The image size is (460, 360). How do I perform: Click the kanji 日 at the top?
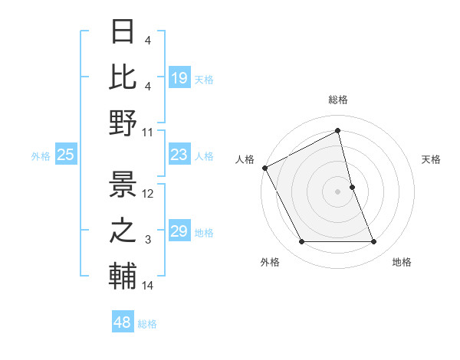pyautogui.click(x=123, y=32)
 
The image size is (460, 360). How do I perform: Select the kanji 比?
pyautogui.click(x=123, y=77)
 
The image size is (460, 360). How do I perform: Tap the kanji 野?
pyautogui.click(x=123, y=123)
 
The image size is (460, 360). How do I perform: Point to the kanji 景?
pyautogui.click(x=123, y=184)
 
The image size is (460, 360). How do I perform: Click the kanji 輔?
pyautogui.click(x=123, y=276)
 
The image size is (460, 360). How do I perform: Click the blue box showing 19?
pyautogui.click(x=179, y=77)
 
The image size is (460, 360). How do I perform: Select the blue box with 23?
pyautogui.click(x=179, y=155)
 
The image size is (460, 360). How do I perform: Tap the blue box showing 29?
pyautogui.click(x=179, y=232)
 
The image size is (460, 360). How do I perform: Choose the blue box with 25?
pyautogui.click(x=66, y=155)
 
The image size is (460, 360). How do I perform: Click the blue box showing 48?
pyautogui.click(x=122, y=322)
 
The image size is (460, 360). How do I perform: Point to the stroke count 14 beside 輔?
pyautogui.click(x=148, y=286)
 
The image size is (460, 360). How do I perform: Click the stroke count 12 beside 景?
pyautogui.click(x=148, y=194)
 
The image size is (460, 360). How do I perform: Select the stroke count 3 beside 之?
pyautogui.click(x=148, y=241)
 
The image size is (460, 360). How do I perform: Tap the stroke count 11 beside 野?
pyautogui.click(x=148, y=132)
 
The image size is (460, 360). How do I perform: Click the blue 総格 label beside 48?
pyautogui.click(x=147, y=324)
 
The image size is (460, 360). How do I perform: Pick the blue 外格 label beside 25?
pyautogui.click(x=41, y=156)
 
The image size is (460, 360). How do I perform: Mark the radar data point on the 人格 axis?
pyautogui.click(x=264, y=167)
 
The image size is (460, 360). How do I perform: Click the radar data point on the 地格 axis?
pyautogui.click(x=374, y=242)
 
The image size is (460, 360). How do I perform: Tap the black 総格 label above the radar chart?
pyautogui.click(x=338, y=100)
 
